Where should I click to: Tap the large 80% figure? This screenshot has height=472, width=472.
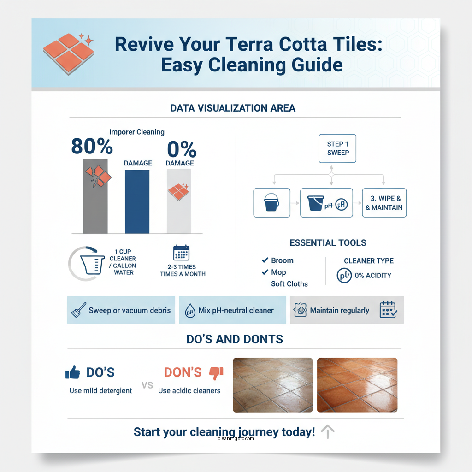tap(92, 146)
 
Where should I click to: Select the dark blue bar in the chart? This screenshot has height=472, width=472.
tap(137, 201)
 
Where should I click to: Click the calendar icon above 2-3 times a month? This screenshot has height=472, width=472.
tap(182, 253)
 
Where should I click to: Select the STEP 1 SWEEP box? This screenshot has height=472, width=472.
tap(337, 148)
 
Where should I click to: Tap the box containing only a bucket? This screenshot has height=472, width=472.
tap(272, 203)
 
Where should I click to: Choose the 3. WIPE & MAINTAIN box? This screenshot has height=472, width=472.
tap(384, 203)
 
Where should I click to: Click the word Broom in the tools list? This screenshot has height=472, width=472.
tap(282, 260)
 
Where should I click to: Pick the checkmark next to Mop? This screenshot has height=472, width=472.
tap(265, 272)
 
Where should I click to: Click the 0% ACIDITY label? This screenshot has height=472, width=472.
tap(373, 276)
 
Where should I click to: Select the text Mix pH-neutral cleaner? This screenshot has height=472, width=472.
tap(236, 310)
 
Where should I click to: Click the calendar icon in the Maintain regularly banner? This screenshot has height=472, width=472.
tap(388, 310)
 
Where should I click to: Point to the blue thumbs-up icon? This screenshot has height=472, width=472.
tap(73, 372)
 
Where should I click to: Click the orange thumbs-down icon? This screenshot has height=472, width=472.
tap(216, 372)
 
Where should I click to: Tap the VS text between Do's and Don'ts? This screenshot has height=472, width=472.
tap(147, 385)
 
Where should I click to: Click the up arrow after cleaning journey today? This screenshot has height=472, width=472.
tap(327, 432)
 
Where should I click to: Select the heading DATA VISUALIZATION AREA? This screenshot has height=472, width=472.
tap(233, 108)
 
